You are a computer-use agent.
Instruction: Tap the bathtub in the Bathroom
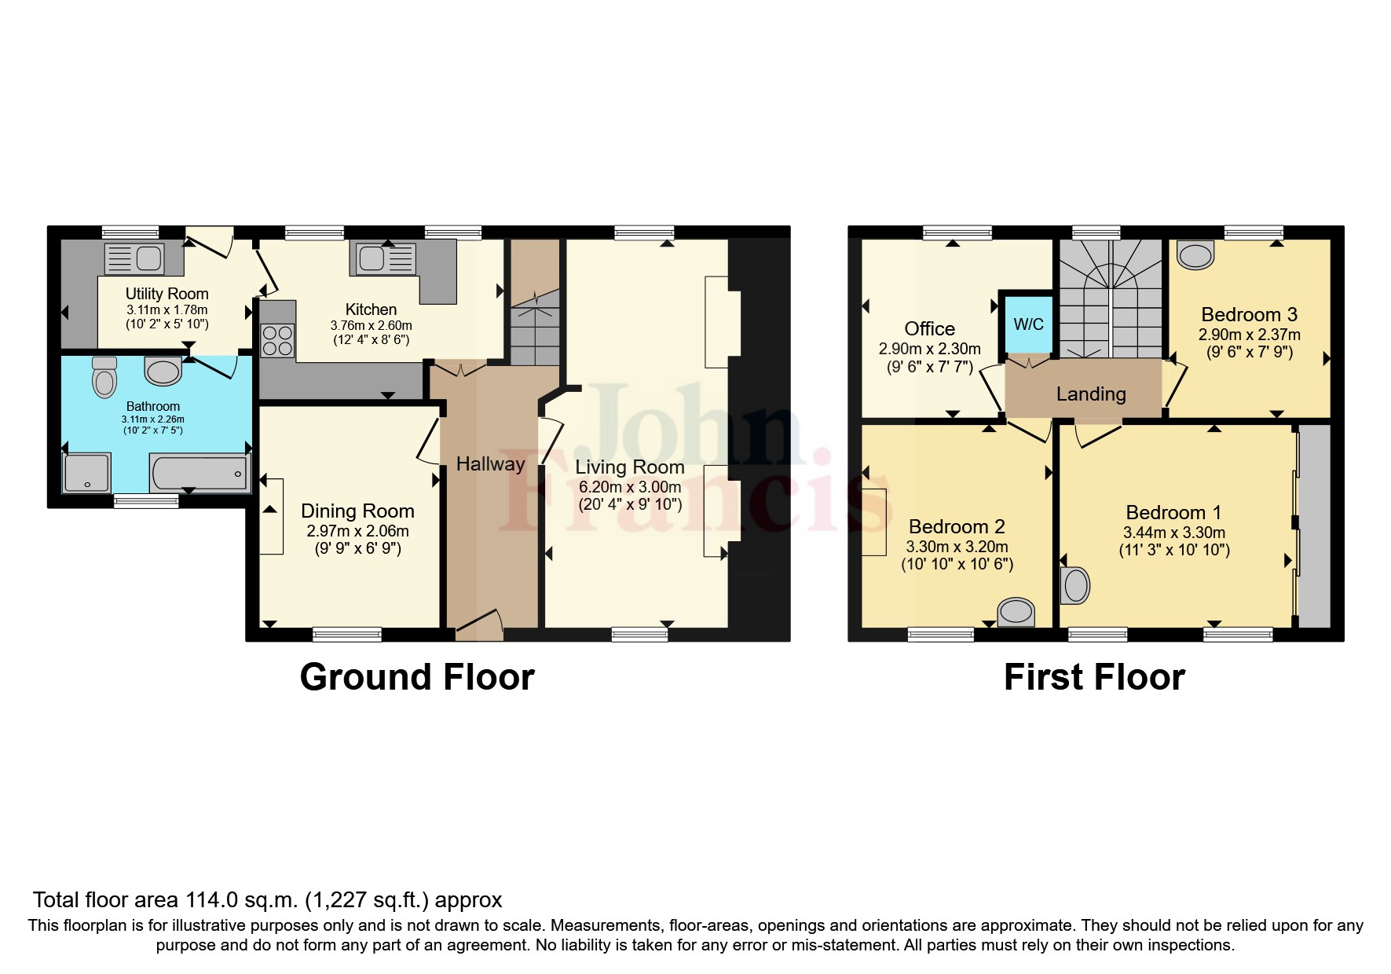[199, 474]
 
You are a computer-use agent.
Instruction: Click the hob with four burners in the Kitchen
[276, 341]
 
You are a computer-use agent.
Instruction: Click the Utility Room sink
[134, 258]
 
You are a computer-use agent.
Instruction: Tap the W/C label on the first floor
[1028, 324]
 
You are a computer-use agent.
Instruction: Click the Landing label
[1090, 394]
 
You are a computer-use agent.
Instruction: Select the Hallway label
[490, 464]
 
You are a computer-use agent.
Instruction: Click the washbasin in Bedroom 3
[1196, 255]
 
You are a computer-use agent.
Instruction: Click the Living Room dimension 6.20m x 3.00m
[629, 487]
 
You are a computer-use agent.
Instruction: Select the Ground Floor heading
[416, 677]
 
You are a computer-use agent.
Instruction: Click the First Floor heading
[1094, 677]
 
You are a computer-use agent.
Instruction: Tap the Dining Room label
[357, 511]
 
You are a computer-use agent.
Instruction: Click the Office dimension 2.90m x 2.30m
[929, 350]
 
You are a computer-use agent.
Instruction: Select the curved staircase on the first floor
[1110, 298]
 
